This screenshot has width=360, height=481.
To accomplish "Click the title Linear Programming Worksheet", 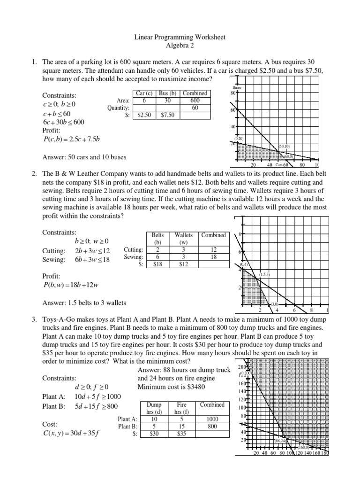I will (x=180, y=37).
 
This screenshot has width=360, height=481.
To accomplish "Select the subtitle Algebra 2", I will (x=180, y=45).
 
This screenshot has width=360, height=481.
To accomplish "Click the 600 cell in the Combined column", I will (x=195, y=101).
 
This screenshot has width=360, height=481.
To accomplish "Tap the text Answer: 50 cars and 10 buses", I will (x=84, y=157).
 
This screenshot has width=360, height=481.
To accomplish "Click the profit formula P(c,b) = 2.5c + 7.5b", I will (x=72, y=139).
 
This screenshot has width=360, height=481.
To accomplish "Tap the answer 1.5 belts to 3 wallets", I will (x=84, y=303).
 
